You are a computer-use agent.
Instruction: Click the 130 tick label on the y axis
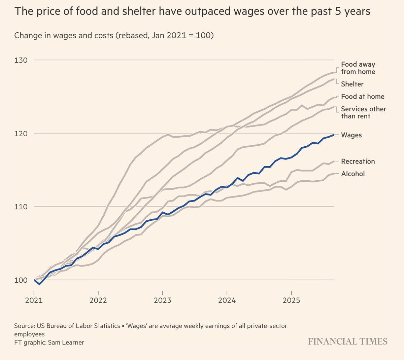click(x=21, y=60)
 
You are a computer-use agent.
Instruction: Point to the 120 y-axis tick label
click(x=21, y=134)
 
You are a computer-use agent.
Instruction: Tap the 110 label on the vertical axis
click(x=21, y=207)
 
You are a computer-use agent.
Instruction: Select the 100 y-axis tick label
click(x=21, y=280)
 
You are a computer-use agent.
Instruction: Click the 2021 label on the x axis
click(x=34, y=300)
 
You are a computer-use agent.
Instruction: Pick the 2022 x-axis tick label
click(x=98, y=300)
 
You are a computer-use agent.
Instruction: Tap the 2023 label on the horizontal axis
click(x=163, y=300)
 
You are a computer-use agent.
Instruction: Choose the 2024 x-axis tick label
click(x=227, y=300)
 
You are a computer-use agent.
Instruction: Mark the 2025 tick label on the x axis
click(x=291, y=300)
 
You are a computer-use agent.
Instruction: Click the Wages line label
click(x=351, y=135)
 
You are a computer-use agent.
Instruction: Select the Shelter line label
click(x=352, y=84)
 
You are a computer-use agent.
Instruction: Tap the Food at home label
click(x=363, y=97)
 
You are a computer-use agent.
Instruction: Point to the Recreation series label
click(x=358, y=161)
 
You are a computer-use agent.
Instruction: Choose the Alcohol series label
click(x=353, y=174)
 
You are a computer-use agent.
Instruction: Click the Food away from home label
click(x=358, y=68)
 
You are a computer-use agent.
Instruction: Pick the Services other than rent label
click(x=363, y=112)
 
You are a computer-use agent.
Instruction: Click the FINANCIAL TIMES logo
click(x=347, y=341)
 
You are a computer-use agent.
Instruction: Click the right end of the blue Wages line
click(x=333, y=135)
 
